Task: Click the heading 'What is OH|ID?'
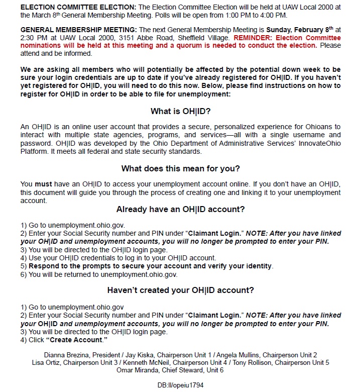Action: pos(180,112)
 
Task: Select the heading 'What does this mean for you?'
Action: pos(180,168)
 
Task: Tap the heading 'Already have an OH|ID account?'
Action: pos(180,210)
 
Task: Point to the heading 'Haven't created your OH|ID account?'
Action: pos(180,290)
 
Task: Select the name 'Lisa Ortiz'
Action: pos(46,362)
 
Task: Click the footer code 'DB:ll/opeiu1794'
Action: pos(180,385)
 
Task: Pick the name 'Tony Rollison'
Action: pos(269,362)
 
